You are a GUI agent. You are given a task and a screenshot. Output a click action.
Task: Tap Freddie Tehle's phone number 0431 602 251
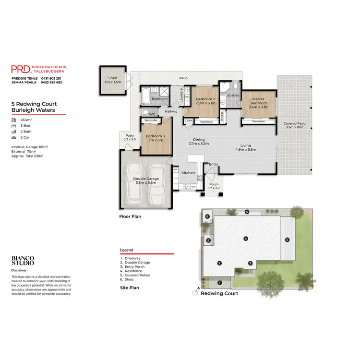coord(51,78)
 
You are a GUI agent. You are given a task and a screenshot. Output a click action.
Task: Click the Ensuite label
coord(233,96)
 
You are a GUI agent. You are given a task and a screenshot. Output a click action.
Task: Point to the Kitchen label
coord(188,172)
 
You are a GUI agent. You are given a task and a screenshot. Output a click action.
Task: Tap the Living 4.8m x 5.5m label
coord(245,147)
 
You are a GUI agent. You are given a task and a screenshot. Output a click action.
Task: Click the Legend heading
coord(126,250)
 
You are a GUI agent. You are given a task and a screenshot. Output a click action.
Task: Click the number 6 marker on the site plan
coord(207,217)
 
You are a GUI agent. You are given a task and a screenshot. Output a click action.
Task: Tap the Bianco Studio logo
coord(23,261)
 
